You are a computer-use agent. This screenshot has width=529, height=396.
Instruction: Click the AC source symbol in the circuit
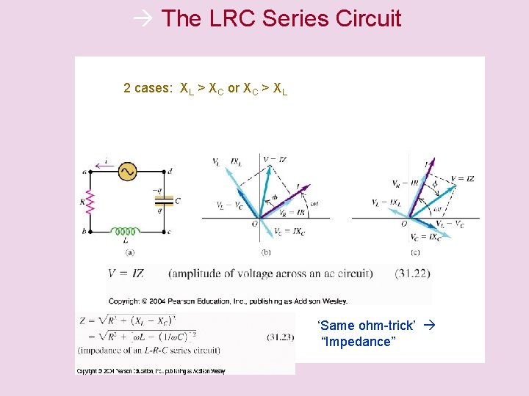(x=127, y=172)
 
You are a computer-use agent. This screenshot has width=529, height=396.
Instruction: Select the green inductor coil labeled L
(x=126, y=231)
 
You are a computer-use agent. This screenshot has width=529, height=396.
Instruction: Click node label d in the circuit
(x=170, y=171)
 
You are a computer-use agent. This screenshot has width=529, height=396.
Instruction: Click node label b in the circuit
(x=87, y=232)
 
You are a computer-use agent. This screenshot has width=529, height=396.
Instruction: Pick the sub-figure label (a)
(x=130, y=252)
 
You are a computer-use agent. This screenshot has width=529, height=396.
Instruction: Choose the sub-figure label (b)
(x=266, y=252)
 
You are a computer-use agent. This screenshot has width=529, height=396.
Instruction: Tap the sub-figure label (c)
(x=415, y=252)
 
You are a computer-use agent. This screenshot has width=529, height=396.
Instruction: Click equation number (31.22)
(x=412, y=274)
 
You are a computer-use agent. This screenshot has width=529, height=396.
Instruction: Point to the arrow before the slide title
(x=144, y=18)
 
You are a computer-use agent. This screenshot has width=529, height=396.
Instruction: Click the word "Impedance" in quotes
(x=359, y=342)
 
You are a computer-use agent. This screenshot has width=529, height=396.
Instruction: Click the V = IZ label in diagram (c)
(x=462, y=178)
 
